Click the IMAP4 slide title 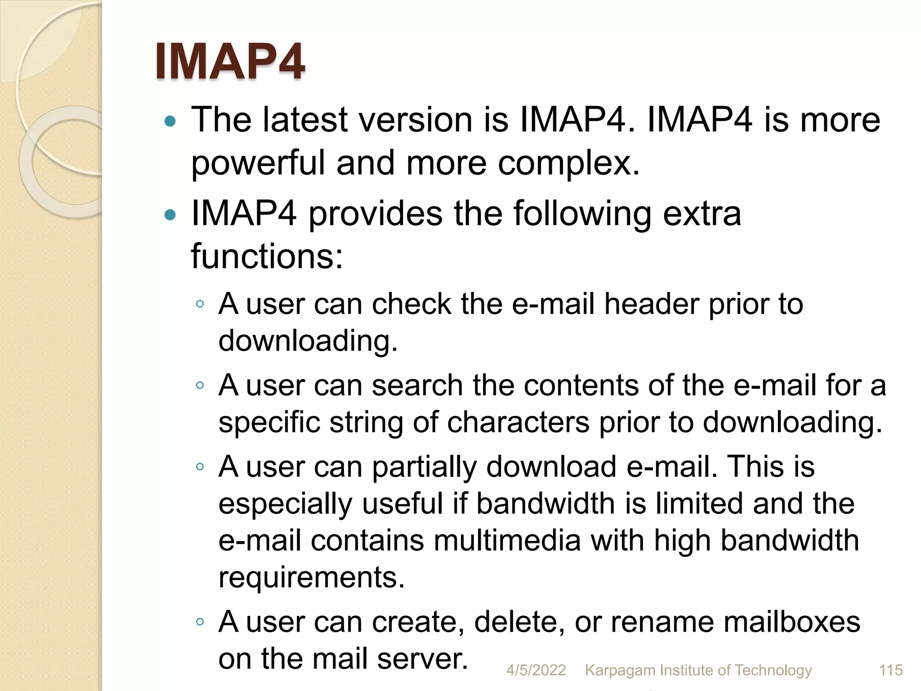tap(230, 61)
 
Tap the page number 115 tap(890, 670)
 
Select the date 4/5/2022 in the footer tap(536, 670)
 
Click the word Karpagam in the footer tap(620, 670)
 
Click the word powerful tap(258, 163)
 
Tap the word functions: tap(267, 256)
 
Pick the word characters tap(518, 423)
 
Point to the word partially tap(424, 467)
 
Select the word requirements tap(311, 578)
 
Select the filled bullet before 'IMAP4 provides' tap(170, 215)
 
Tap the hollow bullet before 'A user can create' tap(200, 622)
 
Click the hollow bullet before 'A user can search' tap(200, 385)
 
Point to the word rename tap(662, 623)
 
